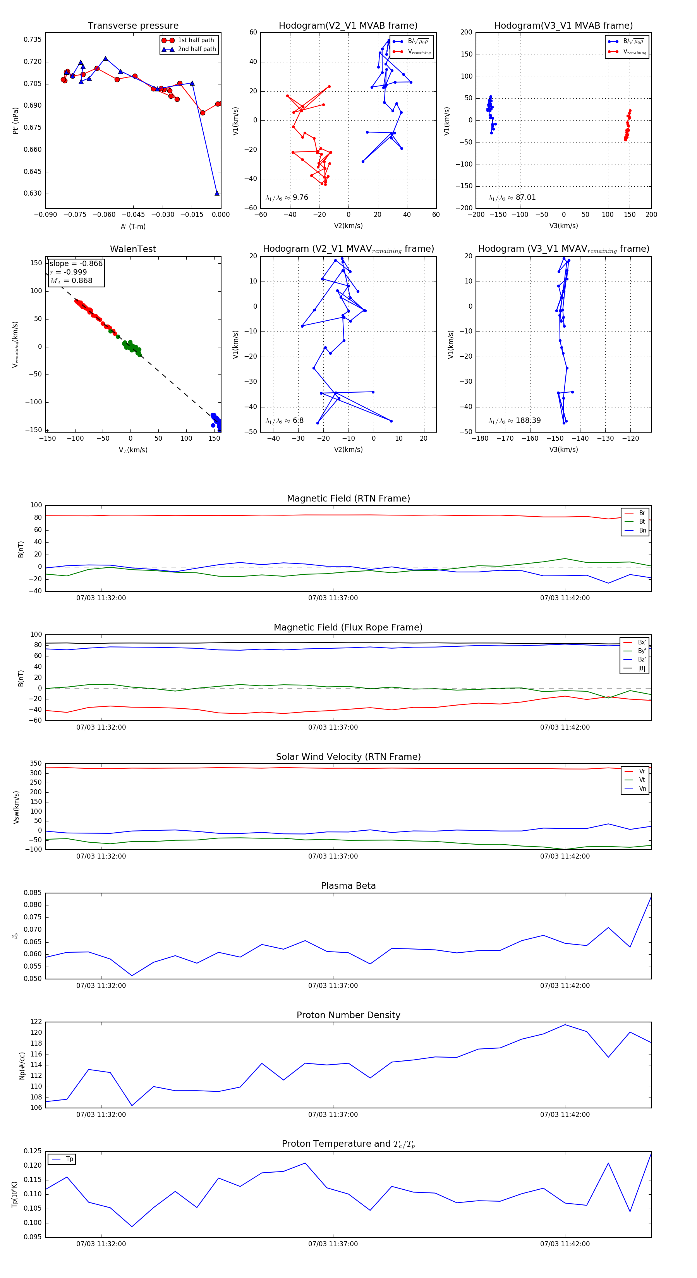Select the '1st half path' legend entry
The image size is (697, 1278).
pos(196,40)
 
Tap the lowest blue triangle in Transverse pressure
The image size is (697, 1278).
pos(217,193)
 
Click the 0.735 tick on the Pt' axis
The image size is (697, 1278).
pos(33,40)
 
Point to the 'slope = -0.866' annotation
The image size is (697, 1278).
pos(76,263)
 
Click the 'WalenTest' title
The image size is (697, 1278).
pos(133,249)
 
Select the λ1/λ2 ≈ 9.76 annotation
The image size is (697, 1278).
pos(287,198)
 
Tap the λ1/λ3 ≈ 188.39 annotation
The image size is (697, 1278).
pos(515,421)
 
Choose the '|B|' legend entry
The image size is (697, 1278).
pos(641,668)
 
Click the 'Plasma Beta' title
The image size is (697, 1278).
pos(348,886)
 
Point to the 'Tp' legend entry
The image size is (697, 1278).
pos(69,1159)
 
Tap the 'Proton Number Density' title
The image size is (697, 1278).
pos(348,1015)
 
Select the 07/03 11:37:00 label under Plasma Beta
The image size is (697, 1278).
pos(333,985)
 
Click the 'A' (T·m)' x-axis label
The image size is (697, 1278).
pos(133,226)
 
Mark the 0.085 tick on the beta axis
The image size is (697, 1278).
pos(33,893)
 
